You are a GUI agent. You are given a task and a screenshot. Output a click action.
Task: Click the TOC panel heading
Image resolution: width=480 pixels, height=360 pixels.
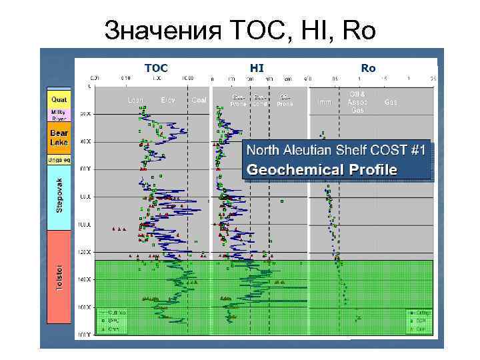156,67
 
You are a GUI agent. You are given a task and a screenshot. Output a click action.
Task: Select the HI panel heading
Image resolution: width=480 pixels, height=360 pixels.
257,67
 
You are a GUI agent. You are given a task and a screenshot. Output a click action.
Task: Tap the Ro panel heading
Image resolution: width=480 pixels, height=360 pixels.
367,67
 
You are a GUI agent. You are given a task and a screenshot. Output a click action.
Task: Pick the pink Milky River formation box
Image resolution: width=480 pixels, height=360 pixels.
59,115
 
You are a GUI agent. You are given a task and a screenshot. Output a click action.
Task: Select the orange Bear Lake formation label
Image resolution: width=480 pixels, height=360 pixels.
59,138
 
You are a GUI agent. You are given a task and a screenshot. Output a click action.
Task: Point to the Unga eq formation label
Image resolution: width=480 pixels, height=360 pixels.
59,160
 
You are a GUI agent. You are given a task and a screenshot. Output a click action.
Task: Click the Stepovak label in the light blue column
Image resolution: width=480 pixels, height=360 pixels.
59,195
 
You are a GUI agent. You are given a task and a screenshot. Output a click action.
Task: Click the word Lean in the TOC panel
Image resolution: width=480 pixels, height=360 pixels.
136,101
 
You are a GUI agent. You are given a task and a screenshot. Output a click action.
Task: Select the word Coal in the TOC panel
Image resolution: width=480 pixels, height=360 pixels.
199,101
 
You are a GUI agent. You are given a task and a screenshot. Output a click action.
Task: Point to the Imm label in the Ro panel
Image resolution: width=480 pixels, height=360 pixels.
325,102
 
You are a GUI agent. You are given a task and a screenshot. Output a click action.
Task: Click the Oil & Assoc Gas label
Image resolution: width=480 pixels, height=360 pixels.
357,102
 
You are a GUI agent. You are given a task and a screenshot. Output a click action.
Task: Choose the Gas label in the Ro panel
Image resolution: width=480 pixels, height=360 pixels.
391,102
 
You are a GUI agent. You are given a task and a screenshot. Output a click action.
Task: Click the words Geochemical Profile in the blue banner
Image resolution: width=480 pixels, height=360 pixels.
321,169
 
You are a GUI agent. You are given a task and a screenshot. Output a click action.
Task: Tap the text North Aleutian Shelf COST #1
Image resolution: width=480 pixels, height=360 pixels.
334,151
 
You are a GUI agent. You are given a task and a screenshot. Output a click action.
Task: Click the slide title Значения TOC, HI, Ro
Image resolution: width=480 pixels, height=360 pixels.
240,29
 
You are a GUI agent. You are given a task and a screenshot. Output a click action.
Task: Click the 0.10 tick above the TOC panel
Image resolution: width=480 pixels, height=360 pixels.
125,77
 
